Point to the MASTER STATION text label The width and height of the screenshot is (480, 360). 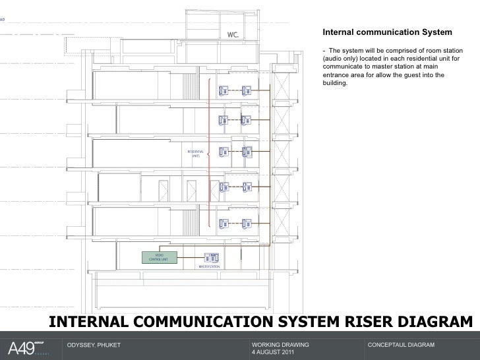pos(209,267)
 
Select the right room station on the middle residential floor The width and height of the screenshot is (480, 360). pos(247,151)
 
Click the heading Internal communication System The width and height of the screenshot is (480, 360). pos(386,32)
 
